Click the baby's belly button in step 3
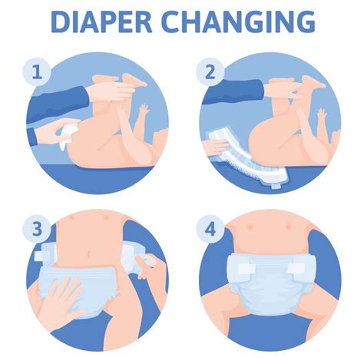(x=94, y=250)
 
